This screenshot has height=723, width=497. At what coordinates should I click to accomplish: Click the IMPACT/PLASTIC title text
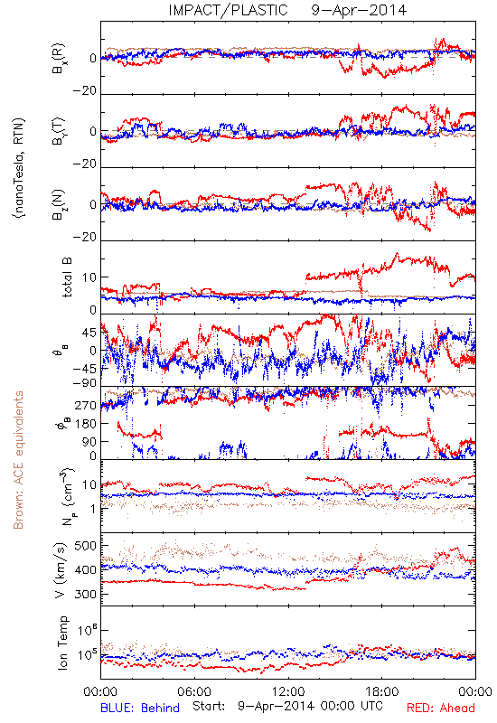[229, 10]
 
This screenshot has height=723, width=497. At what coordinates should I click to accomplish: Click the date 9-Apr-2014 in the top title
[359, 10]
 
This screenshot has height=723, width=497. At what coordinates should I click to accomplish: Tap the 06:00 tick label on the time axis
[194, 691]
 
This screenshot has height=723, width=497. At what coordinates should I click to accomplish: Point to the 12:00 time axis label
[288, 691]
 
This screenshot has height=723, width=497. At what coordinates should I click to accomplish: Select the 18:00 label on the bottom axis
[382, 691]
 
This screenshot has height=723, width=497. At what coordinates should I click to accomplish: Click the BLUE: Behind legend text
[140, 709]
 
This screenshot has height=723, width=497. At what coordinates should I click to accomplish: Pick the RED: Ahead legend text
[440, 709]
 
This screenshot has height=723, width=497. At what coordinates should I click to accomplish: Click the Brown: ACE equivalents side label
[18, 460]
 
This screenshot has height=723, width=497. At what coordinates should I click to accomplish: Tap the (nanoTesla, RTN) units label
[19, 168]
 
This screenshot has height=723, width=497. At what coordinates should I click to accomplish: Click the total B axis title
[67, 277]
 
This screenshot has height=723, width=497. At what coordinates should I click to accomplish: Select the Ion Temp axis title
[62, 643]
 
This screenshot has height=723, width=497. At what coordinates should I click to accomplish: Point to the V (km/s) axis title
[61, 570]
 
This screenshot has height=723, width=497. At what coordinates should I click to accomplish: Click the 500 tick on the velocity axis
[85, 546]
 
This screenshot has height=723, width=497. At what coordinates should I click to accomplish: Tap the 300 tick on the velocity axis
[85, 594]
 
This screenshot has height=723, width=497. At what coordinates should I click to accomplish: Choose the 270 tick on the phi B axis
[85, 405]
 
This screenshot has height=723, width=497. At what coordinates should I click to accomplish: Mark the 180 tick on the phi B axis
[85, 423]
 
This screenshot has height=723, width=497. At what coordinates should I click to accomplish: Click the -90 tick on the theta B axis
[85, 383]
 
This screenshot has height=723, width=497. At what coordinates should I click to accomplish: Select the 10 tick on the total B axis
[89, 277]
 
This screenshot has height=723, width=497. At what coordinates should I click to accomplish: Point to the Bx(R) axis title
[59, 59]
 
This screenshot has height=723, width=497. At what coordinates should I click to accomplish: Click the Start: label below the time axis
[210, 707]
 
